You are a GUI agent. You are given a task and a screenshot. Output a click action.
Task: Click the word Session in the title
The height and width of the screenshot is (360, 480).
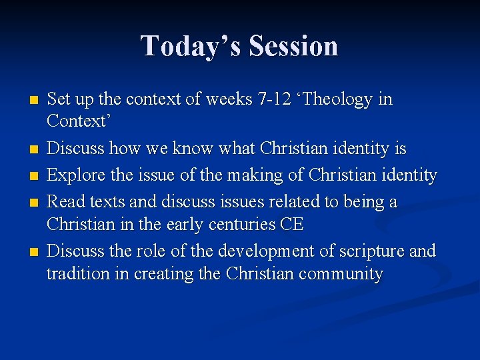(293, 46)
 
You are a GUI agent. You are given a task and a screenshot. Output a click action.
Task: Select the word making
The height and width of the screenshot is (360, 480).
(249, 175)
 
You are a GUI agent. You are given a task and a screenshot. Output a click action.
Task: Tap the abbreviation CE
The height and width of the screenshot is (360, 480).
(291, 225)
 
